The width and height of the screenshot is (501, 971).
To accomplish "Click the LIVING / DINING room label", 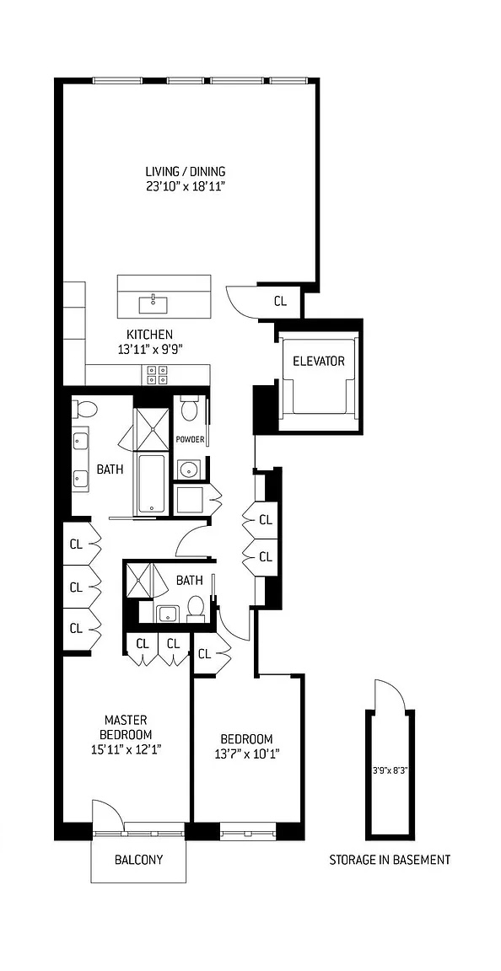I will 186,172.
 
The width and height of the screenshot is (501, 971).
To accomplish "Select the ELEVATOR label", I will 319,362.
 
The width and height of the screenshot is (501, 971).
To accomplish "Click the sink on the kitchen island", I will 154,299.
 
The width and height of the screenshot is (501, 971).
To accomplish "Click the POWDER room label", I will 190,439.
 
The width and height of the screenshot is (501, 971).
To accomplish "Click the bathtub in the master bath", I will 152,483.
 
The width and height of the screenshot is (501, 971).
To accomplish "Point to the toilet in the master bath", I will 85,410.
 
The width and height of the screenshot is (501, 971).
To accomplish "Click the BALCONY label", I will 138,861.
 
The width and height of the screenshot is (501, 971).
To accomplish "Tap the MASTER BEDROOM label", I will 126,727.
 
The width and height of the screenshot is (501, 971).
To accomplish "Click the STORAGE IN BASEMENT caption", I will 389,861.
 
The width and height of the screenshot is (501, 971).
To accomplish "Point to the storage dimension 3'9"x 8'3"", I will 389,770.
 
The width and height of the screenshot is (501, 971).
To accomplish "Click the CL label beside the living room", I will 281,301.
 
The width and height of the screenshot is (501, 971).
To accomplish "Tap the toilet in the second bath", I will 196,606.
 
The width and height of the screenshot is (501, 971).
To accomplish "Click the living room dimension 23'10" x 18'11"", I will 186,186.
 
